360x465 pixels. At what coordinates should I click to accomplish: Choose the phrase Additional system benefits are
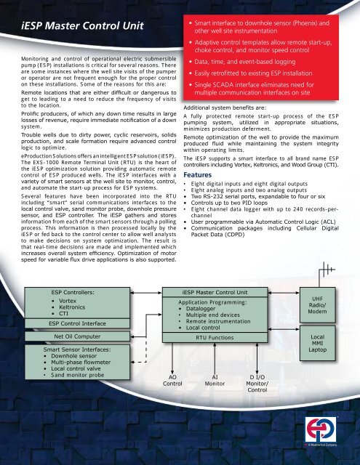click(223, 107)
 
